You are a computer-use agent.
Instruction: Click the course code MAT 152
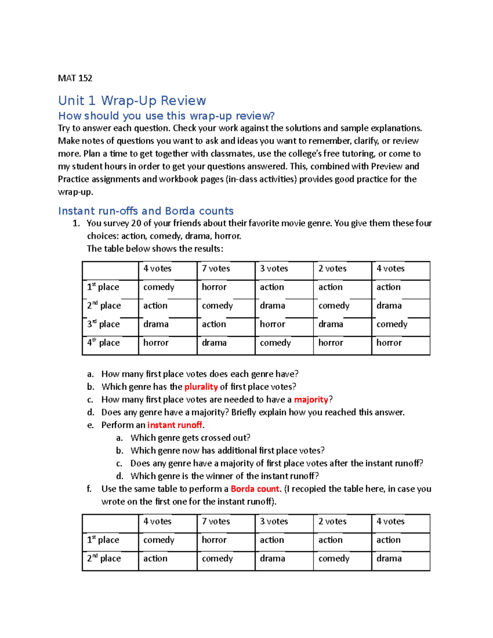point(75,78)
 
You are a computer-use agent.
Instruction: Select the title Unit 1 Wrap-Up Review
point(132,101)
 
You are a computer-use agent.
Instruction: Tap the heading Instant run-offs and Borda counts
point(146,211)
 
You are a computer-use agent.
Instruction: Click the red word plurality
point(201,387)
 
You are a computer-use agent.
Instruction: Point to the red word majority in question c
point(311,399)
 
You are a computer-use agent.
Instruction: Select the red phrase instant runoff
point(175,425)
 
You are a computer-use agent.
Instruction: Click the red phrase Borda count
point(255,489)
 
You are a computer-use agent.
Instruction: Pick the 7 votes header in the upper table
point(216,269)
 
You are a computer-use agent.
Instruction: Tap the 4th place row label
point(103,343)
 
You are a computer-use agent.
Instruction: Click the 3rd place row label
point(103,324)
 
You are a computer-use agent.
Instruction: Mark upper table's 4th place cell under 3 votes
point(275,343)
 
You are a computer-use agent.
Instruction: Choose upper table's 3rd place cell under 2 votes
point(331,324)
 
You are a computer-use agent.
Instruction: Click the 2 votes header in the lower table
point(332,521)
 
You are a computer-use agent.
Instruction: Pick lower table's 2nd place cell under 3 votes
point(272,558)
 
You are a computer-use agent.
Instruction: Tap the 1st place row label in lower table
point(103,540)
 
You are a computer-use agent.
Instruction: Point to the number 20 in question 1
point(136,223)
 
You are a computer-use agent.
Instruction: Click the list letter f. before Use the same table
point(89,489)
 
